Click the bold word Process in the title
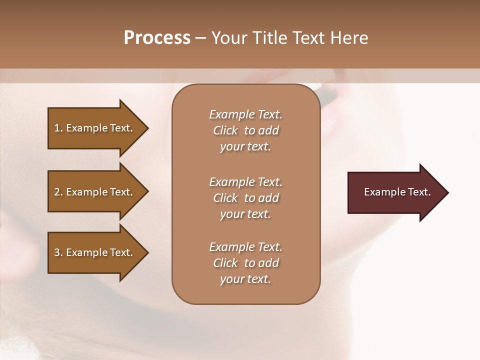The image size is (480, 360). coord(157,37)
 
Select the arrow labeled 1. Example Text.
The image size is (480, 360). coord(95,128)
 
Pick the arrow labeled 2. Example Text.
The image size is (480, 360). coord(95,192)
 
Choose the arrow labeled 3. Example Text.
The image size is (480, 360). coord(95,252)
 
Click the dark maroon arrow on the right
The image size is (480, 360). coord(395,192)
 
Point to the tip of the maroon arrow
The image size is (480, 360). coord(446,192)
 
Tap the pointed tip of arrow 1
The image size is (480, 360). coord(146,128)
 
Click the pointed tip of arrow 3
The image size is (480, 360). coord(146,252)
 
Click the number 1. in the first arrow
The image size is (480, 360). coord(58,128)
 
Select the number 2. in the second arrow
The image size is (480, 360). coord(58,192)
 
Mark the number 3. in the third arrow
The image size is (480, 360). coord(58,252)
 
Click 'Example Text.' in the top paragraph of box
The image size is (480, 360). coord(245,114)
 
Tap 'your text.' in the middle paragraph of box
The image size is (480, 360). coord(245,214)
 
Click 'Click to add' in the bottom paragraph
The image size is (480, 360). coord(245,263)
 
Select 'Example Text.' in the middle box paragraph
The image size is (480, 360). coord(245,182)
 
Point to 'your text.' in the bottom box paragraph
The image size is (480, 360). coord(245,279)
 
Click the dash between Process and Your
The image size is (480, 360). coord(201,38)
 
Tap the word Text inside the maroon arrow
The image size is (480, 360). coord(418,192)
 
